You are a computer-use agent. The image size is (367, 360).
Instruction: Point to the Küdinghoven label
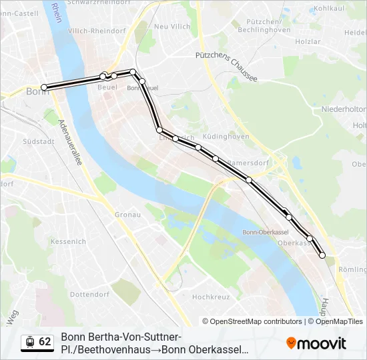[229, 137]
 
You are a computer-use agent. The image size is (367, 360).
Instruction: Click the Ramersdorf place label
[248, 162]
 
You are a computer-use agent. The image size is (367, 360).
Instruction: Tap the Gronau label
[127, 215]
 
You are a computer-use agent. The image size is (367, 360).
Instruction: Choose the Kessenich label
[68, 241]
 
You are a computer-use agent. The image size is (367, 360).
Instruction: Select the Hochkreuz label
[211, 297]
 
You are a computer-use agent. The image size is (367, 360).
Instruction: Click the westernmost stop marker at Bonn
[44, 87]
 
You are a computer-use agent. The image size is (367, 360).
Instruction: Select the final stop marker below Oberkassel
[322, 255]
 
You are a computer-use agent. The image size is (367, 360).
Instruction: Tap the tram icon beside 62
[29, 342]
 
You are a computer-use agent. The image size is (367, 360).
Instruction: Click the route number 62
[45, 342]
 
